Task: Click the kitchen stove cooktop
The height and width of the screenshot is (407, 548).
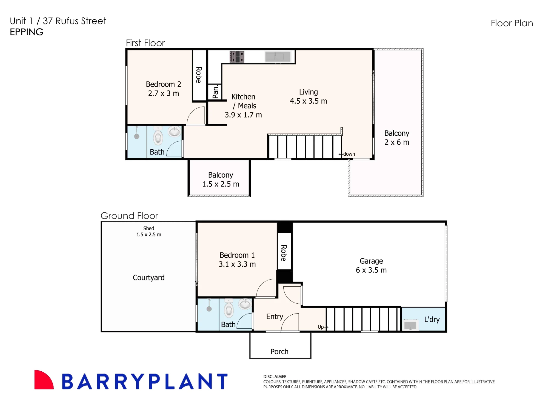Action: pyautogui.click(x=237, y=57)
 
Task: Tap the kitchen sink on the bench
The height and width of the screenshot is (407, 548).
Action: pyautogui.click(x=278, y=57)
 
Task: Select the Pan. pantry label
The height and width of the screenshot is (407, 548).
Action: pyautogui.click(x=216, y=92)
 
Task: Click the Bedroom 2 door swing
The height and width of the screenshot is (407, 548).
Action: pyautogui.click(x=196, y=115)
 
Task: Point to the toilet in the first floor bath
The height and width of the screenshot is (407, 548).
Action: pyautogui.click(x=158, y=136)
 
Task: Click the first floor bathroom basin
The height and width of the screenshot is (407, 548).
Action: pyautogui.click(x=174, y=131)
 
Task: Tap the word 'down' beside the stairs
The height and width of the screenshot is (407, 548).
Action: pyautogui.click(x=349, y=154)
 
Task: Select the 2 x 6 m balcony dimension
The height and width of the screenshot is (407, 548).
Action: pyautogui.click(x=397, y=142)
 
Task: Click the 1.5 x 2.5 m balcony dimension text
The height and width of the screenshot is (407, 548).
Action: pyautogui.click(x=221, y=184)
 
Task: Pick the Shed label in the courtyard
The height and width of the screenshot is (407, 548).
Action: pyautogui.click(x=149, y=228)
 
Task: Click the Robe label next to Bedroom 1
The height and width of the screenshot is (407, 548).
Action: pyautogui.click(x=284, y=253)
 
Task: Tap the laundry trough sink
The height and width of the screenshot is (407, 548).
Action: pyautogui.click(x=410, y=325)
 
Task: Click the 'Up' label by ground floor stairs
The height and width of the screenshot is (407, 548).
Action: pyautogui.click(x=321, y=327)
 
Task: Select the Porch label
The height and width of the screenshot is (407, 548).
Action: pyautogui.click(x=279, y=352)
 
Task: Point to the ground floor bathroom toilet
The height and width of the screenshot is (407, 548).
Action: pyautogui.click(x=229, y=308)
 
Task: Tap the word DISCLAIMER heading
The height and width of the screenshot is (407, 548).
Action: pyautogui.click(x=275, y=377)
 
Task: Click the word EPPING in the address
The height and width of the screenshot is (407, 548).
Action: pyautogui.click(x=27, y=32)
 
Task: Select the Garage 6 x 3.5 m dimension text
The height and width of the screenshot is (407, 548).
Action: pyautogui.click(x=371, y=270)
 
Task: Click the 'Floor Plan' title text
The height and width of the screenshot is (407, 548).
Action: pyautogui.click(x=512, y=23)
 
